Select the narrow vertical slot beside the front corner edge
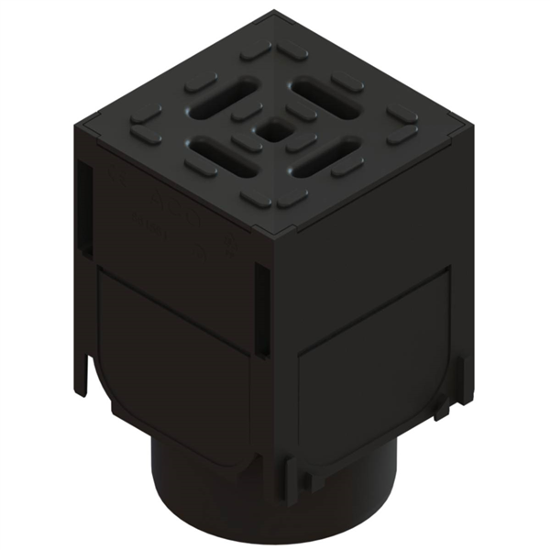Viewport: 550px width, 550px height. pyautogui.click(x=262, y=312)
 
